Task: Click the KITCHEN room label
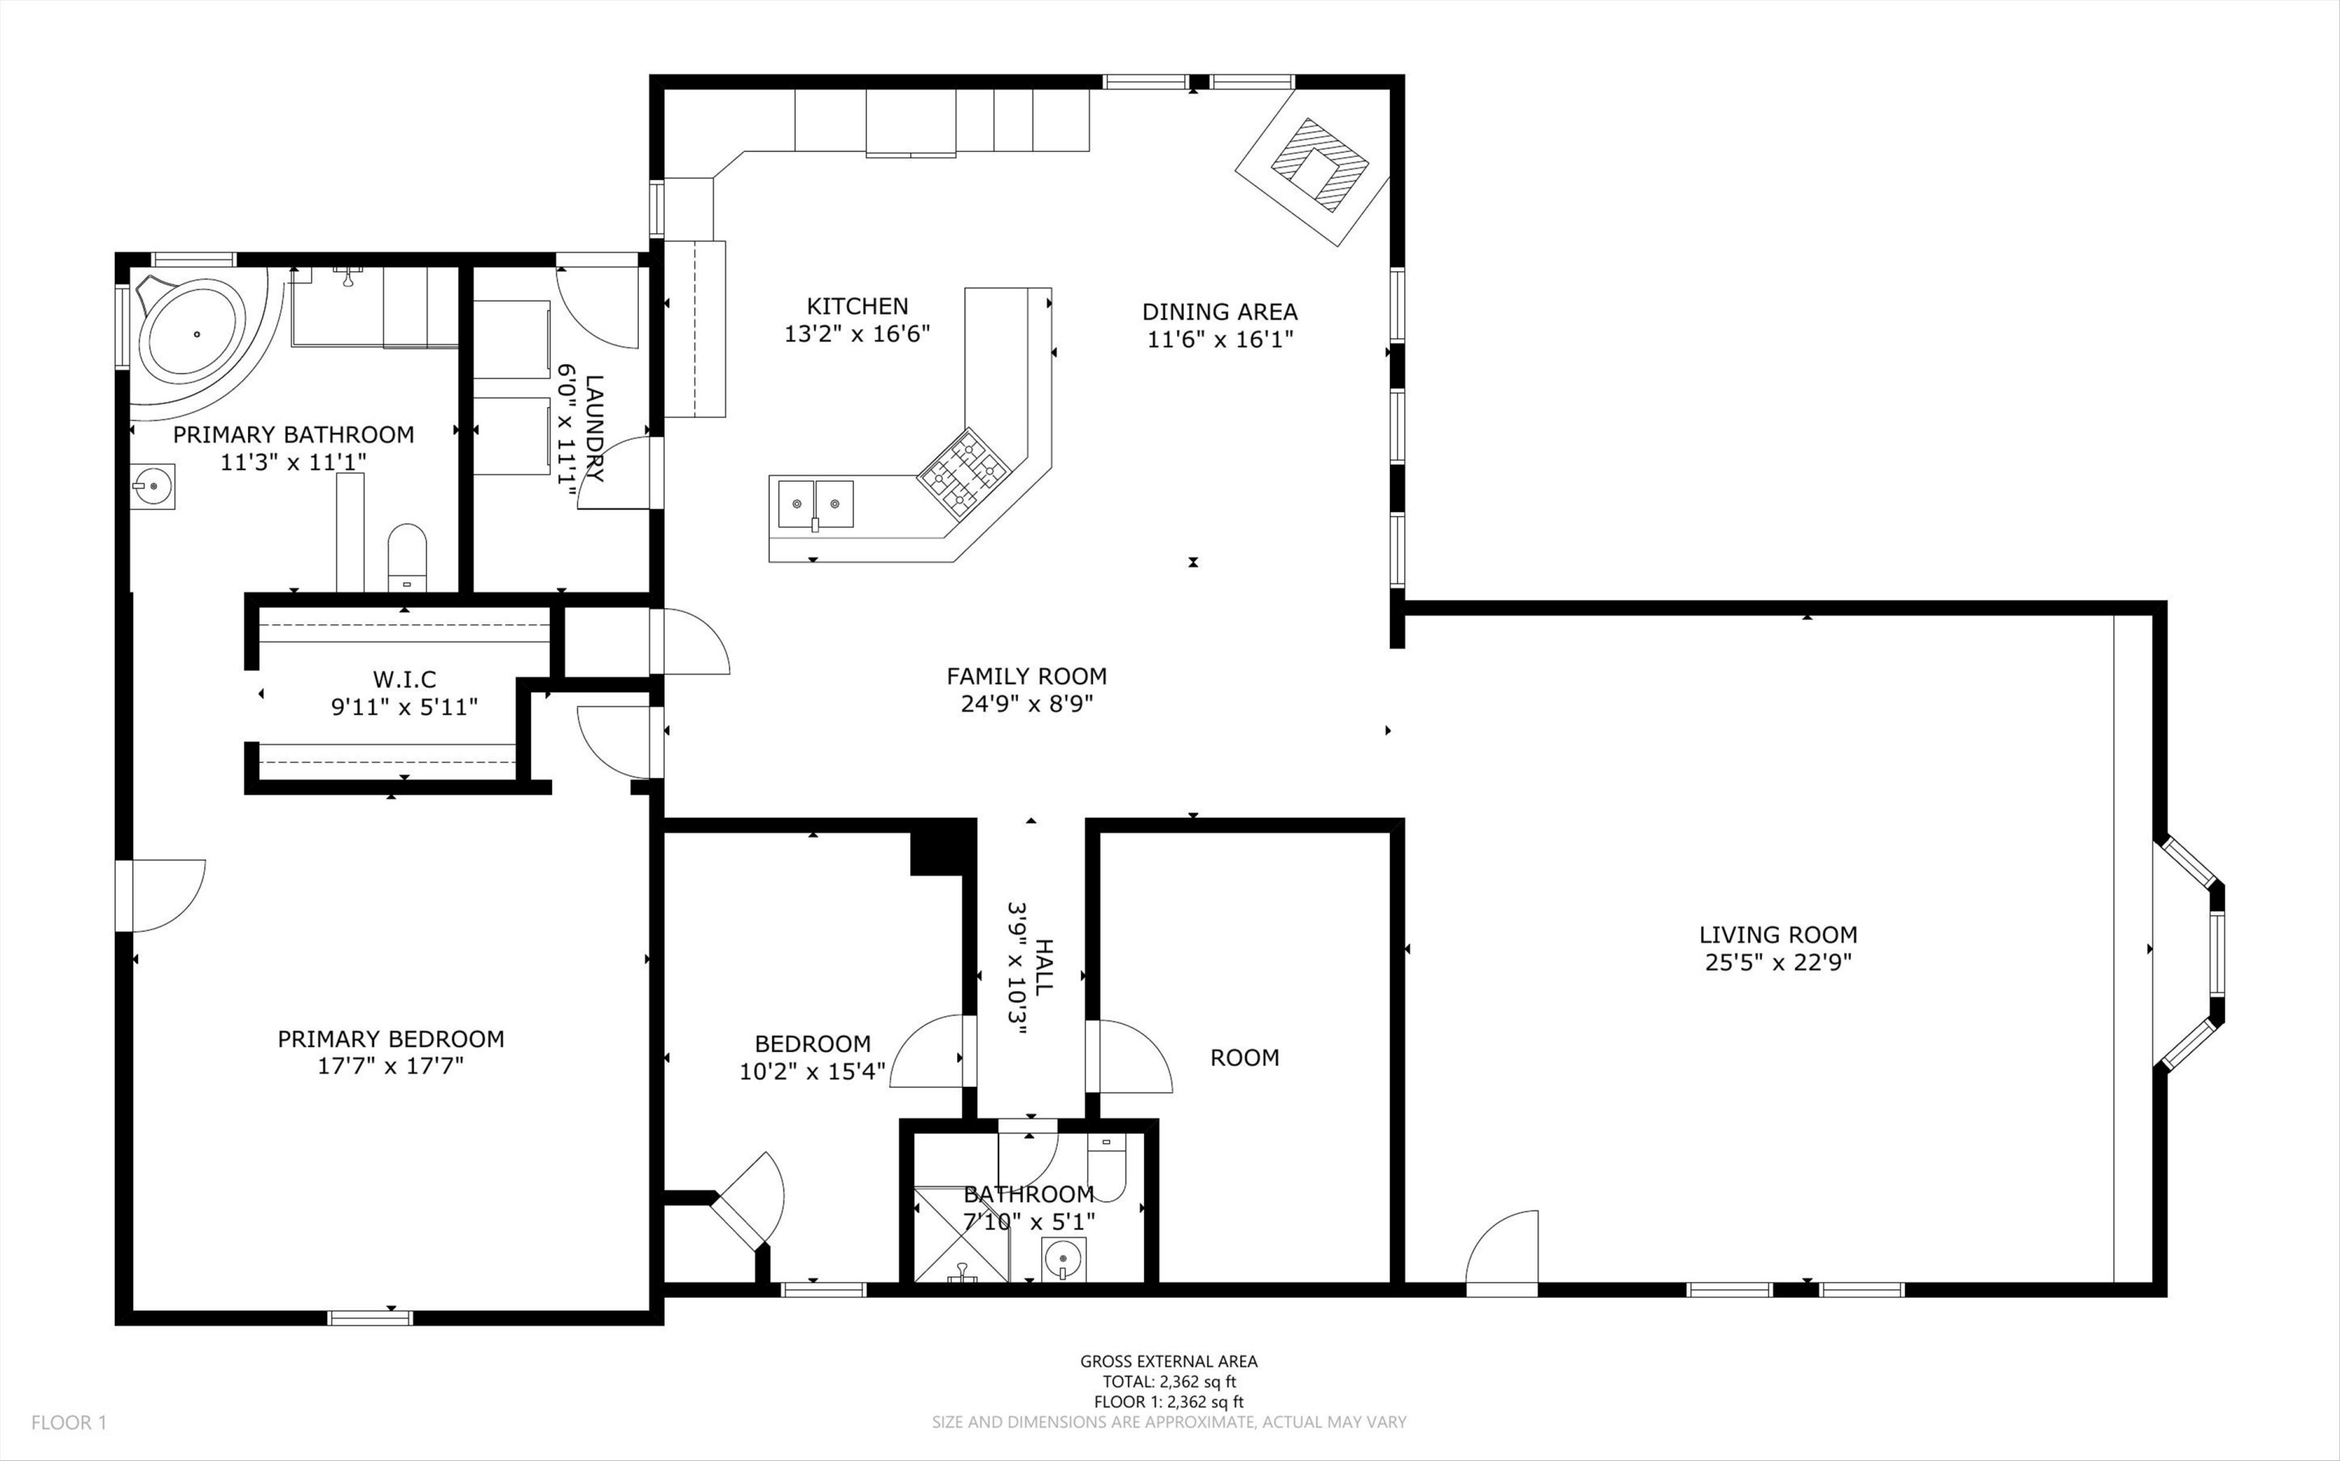click(x=857, y=306)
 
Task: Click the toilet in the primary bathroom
click(x=406, y=557)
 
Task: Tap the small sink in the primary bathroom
click(x=153, y=486)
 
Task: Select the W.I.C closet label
click(x=404, y=679)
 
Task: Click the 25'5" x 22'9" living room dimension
click(x=1778, y=962)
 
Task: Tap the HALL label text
click(x=1044, y=966)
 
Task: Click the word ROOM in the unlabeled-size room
click(x=1244, y=1057)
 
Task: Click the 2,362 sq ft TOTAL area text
click(x=1168, y=1381)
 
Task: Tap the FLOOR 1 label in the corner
click(x=69, y=1422)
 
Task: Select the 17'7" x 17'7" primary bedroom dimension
click(x=391, y=1066)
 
